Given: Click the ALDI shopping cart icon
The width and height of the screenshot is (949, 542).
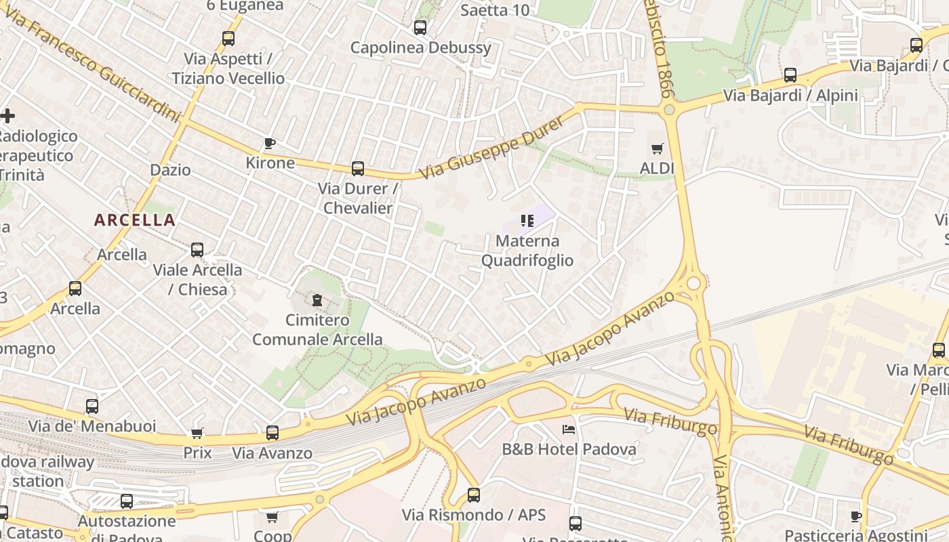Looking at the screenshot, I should (x=657, y=148).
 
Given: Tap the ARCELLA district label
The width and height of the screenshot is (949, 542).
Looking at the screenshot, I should (x=134, y=220).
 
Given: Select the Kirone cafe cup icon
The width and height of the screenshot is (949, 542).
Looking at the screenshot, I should (x=270, y=143).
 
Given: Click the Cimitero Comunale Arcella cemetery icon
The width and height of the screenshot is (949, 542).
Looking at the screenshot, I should (x=317, y=299).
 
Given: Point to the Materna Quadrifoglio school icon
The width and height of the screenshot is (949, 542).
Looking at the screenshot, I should (x=527, y=220).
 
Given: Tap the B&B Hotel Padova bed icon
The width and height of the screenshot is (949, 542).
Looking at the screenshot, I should (x=569, y=429).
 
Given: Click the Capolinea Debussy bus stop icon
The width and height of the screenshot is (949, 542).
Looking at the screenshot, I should (x=420, y=28).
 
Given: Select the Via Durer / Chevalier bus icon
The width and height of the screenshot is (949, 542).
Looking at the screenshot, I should (x=357, y=169).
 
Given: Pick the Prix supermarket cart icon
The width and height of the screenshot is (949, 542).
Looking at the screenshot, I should (x=197, y=432).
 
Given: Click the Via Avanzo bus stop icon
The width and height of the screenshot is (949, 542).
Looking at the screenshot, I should (x=272, y=432).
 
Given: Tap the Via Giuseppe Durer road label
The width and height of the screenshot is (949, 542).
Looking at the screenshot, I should (x=491, y=147).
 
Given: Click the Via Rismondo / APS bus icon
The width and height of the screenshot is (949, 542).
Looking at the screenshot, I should (x=474, y=495).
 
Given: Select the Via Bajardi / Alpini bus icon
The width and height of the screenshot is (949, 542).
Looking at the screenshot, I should (x=790, y=75).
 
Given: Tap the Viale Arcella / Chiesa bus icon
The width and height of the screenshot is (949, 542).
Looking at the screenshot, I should (x=197, y=250).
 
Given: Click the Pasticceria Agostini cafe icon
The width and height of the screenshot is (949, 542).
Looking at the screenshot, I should (x=856, y=516).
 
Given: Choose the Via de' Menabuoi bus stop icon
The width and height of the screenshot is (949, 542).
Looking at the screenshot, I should (x=92, y=406).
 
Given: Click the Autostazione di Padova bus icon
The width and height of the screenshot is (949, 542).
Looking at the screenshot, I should (x=127, y=501).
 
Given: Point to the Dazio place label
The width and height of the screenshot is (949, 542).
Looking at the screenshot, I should (x=170, y=169).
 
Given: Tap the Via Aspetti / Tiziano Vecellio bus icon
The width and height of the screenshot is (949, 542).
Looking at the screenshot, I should (x=228, y=39).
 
